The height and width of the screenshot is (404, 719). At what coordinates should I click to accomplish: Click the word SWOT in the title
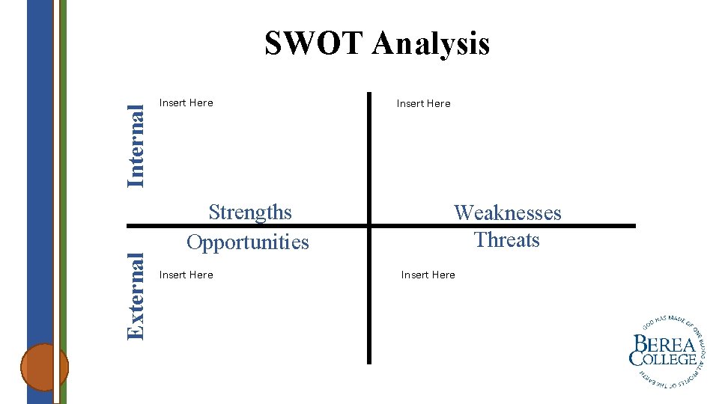pos(314,43)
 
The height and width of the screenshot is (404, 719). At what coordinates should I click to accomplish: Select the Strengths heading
pos(250,212)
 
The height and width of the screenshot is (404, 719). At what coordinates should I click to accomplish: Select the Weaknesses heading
pos(507,213)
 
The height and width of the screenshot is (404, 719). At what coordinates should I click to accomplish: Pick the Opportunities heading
pos(248,242)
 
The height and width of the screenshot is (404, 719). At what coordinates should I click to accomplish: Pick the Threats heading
pos(507,240)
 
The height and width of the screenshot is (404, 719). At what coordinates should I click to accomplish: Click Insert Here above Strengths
pos(186,103)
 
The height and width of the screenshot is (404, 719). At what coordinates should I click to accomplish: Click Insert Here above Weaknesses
pos(424,104)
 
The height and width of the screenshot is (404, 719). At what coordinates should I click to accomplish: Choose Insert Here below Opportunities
pos(186,275)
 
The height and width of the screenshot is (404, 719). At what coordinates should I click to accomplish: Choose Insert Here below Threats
pos(428,275)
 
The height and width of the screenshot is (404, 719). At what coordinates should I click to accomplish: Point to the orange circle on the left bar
pos(44,367)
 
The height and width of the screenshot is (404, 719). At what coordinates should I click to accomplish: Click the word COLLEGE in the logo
pos(664,360)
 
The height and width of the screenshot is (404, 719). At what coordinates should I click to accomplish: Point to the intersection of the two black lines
pos(369,225)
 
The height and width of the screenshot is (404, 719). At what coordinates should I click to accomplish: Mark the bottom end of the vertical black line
pos(369,362)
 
